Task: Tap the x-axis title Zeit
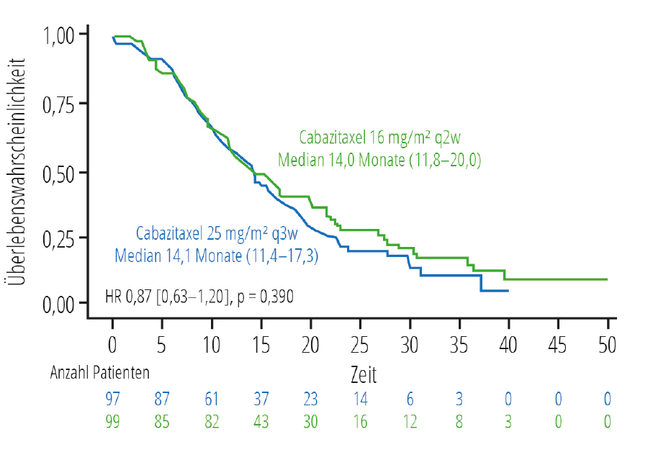tap(364, 375)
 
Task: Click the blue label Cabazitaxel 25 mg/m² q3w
tap(217, 234)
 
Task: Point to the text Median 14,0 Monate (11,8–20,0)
tap(379, 159)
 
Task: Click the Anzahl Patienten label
tap(100, 373)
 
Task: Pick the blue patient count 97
tap(113, 398)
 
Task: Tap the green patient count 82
tap(212, 421)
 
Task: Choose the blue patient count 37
tap(261, 398)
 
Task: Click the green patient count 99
tap(113, 421)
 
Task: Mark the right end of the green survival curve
tap(607, 279)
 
